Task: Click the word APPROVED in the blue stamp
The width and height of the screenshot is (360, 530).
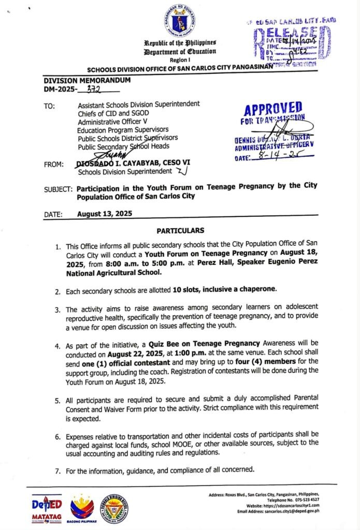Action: point(273,109)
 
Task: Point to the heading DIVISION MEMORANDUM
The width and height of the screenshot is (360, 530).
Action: point(87,80)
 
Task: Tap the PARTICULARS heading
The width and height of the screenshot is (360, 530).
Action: point(180,230)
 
